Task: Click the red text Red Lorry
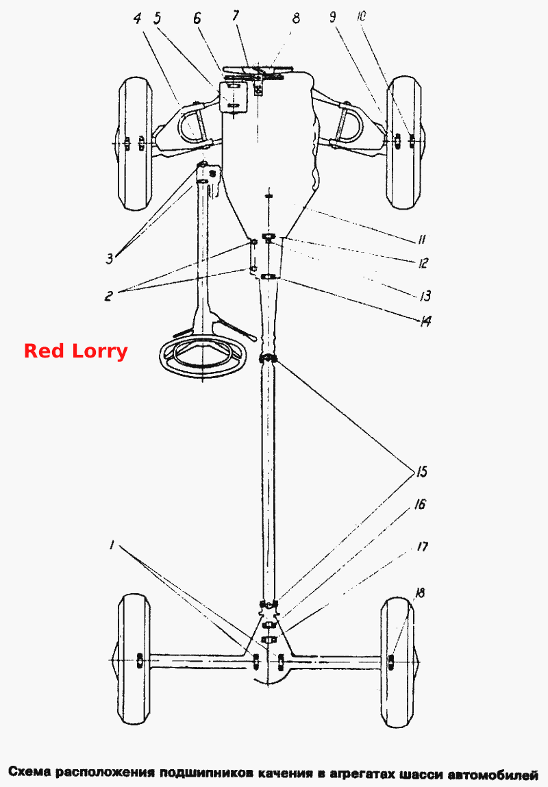[x=76, y=351]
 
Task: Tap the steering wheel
[x=203, y=353]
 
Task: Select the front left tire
[x=136, y=143]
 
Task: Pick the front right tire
[x=405, y=142]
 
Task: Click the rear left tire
[x=134, y=660]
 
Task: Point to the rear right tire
[x=398, y=662]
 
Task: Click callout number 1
[x=112, y=545]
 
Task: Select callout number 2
[x=108, y=295]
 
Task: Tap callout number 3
[x=110, y=259]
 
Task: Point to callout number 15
[x=420, y=472]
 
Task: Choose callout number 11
[x=421, y=240]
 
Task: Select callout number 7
[x=236, y=15]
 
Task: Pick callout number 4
[x=137, y=18]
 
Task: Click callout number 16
[x=419, y=504]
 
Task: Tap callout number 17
[x=422, y=546]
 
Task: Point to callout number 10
[x=361, y=16]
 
